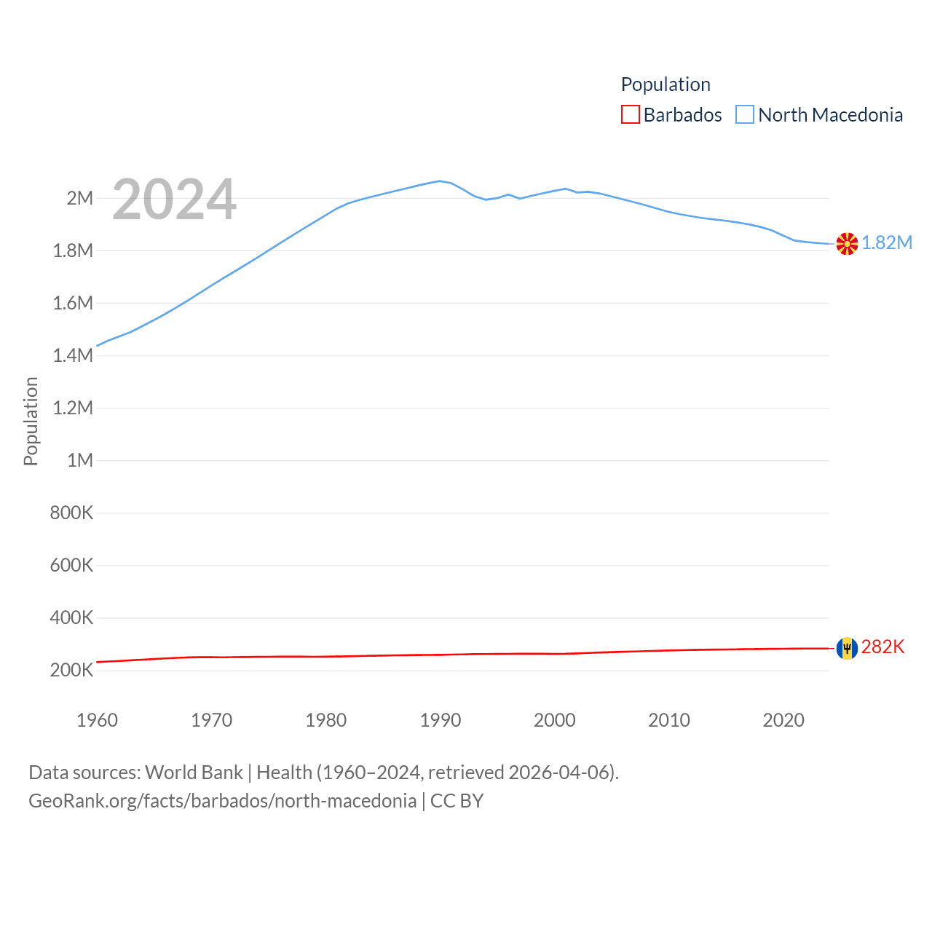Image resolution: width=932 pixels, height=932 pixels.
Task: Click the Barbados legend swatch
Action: pyautogui.click(x=631, y=115)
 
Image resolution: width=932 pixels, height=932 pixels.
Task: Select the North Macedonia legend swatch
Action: pyautogui.click(x=745, y=115)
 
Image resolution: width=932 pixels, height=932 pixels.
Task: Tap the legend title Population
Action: pyautogui.click(x=666, y=84)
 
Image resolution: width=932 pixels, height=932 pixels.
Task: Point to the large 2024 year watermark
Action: pyautogui.click(x=174, y=199)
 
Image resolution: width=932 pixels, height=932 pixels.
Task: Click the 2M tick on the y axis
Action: pyautogui.click(x=80, y=198)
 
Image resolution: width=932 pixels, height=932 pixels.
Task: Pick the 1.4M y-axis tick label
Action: pyautogui.click(x=73, y=355)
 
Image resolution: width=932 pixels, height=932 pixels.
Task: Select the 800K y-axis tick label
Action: pyautogui.click(x=71, y=513)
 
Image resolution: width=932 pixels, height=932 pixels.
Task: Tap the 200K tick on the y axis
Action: pyautogui.click(x=71, y=670)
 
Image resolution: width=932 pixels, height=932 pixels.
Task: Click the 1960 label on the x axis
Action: pyautogui.click(x=97, y=720)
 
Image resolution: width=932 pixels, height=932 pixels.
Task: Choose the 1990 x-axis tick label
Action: pyautogui.click(x=441, y=720)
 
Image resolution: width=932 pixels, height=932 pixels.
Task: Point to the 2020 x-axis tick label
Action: pyautogui.click(x=783, y=720)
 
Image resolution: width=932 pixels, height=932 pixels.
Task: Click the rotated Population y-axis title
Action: pyautogui.click(x=31, y=421)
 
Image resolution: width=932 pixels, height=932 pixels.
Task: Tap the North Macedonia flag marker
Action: pyautogui.click(x=847, y=244)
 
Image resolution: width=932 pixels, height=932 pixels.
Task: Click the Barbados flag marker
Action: pyautogui.click(x=847, y=648)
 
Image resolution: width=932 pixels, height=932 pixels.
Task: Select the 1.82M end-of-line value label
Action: pyautogui.click(x=887, y=243)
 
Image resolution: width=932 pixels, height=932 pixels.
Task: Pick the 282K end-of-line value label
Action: pyautogui.click(x=882, y=647)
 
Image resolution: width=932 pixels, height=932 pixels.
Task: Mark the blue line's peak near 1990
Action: pyautogui.click(x=439, y=181)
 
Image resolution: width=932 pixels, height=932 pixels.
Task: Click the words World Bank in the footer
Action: pyautogui.click(x=194, y=772)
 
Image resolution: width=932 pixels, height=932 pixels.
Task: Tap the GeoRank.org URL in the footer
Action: pyautogui.click(x=222, y=801)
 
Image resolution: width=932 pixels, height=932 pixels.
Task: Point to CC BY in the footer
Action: pyautogui.click(x=457, y=801)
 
